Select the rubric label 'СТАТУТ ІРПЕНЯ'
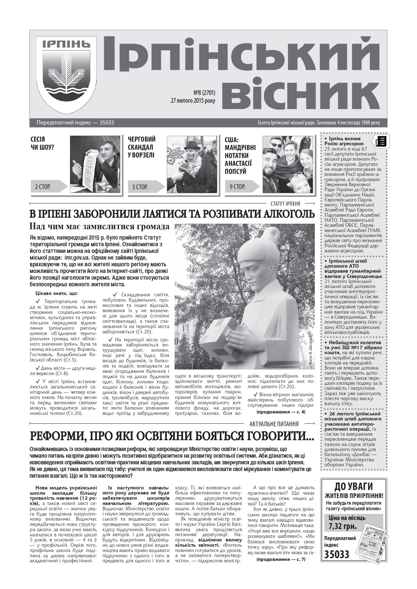click(287, 203)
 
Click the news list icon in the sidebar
click(381, 142)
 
